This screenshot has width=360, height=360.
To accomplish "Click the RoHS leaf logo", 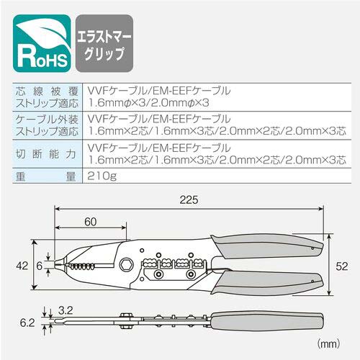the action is pyautogui.click(x=42, y=43).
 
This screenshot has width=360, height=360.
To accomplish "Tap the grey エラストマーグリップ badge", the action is pyautogui.click(x=104, y=43).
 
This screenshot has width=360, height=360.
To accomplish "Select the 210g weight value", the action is pyautogui.click(x=102, y=176).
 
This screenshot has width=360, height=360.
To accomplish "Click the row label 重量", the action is pyautogui.click(x=46, y=177).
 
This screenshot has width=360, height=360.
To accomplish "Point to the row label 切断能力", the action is pyautogui.click(x=46, y=154).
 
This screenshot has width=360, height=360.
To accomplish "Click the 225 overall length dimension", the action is pyautogui.click(x=189, y=200).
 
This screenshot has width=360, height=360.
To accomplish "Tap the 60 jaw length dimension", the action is pyautogui.click(x=91, y=222).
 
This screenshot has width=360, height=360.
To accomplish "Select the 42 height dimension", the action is pyautogui.click(x=22, y=266).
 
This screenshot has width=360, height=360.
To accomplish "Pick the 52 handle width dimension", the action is pyautogui.click(x=341, y=266).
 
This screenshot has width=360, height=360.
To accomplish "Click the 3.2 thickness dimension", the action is pyautogui.click(x=66, y=310).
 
